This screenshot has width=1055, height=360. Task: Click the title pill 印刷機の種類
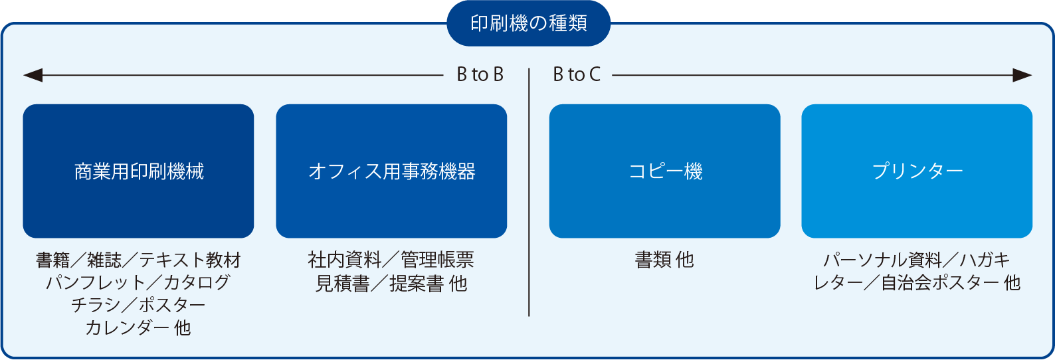tap(528, 23)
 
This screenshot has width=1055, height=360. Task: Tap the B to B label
tap(480, 75)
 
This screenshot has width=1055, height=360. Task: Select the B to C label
tap(577, 75)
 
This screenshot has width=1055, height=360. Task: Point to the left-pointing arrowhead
tap(33, 75)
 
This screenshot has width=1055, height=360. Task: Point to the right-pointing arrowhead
tap(1022, 75)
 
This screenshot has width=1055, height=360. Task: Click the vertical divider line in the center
tap(529, 192)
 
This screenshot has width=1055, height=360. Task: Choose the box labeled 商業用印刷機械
tap(138, 171)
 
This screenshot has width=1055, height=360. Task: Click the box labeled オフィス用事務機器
tap(391, 171)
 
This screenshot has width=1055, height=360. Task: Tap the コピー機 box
tap(664, 171)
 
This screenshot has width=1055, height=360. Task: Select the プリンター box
tap(917, 171)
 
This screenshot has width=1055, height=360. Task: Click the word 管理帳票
tap(437, 260)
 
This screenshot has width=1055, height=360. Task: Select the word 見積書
tap(342, 284)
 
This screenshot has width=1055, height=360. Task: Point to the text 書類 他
tap(664, 260)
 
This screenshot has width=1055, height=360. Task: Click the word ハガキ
tap(985, 260)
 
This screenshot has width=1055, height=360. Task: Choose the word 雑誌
tap(104, 260)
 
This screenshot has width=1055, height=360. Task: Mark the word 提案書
tap(417, 284)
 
